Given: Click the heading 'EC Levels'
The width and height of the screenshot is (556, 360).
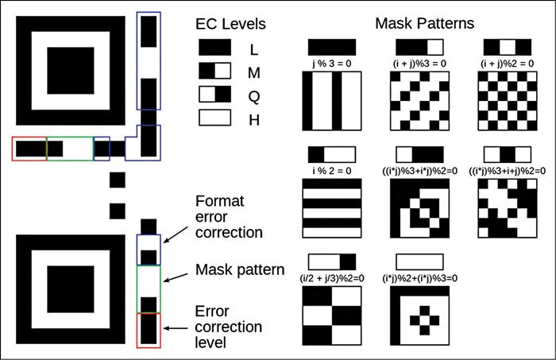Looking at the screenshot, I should coord(231,24).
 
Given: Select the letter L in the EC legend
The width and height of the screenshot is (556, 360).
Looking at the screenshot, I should coord(253,49).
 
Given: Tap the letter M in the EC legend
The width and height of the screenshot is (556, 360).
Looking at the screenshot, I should coord(255,72).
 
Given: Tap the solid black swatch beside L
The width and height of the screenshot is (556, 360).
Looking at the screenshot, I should coord(214,49).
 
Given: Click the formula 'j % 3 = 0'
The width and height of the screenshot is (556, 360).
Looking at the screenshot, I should coord(332,62).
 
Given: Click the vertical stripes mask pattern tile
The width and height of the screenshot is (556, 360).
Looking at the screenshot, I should coord(332,101).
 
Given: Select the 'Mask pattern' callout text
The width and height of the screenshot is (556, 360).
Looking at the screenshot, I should coord(240,271).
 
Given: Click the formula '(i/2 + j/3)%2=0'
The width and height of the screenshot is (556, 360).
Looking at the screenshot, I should coord(332,277).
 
